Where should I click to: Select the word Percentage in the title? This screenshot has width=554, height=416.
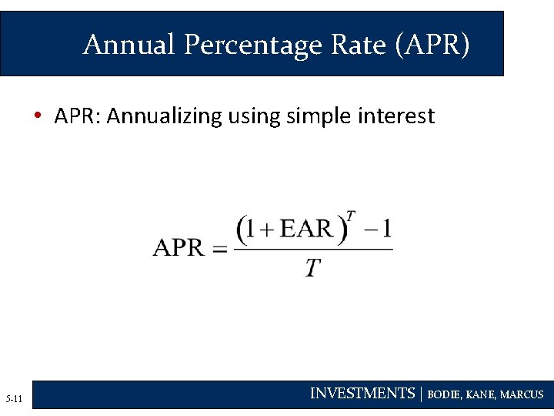click(x=252, y=45)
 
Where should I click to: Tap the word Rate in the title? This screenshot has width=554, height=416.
click(x=359, y=45)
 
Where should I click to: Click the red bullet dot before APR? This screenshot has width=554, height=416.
click(x=37, y=117)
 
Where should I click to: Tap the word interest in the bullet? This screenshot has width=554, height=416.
click(x=396, y=116)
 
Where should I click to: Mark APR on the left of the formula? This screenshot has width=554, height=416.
click(x=178, y=248)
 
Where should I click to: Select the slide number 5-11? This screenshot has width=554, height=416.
click(x=14, y=398)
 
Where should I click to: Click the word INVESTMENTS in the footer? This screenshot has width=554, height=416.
click(x=362, y=394)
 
